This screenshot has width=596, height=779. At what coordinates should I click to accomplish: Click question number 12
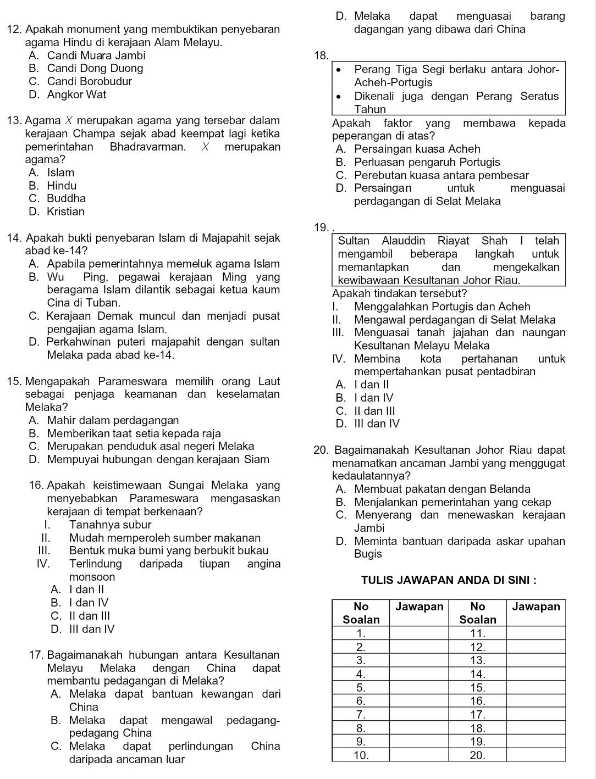[15, 29]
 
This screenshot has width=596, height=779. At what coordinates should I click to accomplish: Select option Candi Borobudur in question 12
[89, 82]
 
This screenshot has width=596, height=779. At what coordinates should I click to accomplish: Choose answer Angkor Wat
[76, 94]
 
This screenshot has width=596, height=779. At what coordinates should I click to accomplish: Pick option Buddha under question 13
[66, 198]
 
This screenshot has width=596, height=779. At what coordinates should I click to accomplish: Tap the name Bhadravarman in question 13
[147, 147]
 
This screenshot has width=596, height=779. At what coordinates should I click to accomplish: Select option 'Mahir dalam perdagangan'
[113, 421]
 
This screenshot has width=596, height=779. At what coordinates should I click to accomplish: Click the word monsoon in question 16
[92, 577]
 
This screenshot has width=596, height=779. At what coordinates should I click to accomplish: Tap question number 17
[37, 655]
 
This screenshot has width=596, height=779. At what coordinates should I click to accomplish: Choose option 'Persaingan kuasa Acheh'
[417, 149]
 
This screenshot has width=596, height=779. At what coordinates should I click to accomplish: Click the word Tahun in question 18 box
[371, 110]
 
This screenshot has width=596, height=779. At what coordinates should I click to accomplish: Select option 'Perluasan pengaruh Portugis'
[427, 162]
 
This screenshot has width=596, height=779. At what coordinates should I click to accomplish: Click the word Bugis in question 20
[368, 554]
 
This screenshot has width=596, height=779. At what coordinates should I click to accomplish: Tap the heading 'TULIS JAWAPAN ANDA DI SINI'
[449, 581]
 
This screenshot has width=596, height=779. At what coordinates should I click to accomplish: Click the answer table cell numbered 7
[361, 715]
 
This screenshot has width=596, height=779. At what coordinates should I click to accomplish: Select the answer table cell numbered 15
[478, 688]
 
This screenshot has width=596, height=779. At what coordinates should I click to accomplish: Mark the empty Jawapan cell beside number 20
[536, 755]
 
